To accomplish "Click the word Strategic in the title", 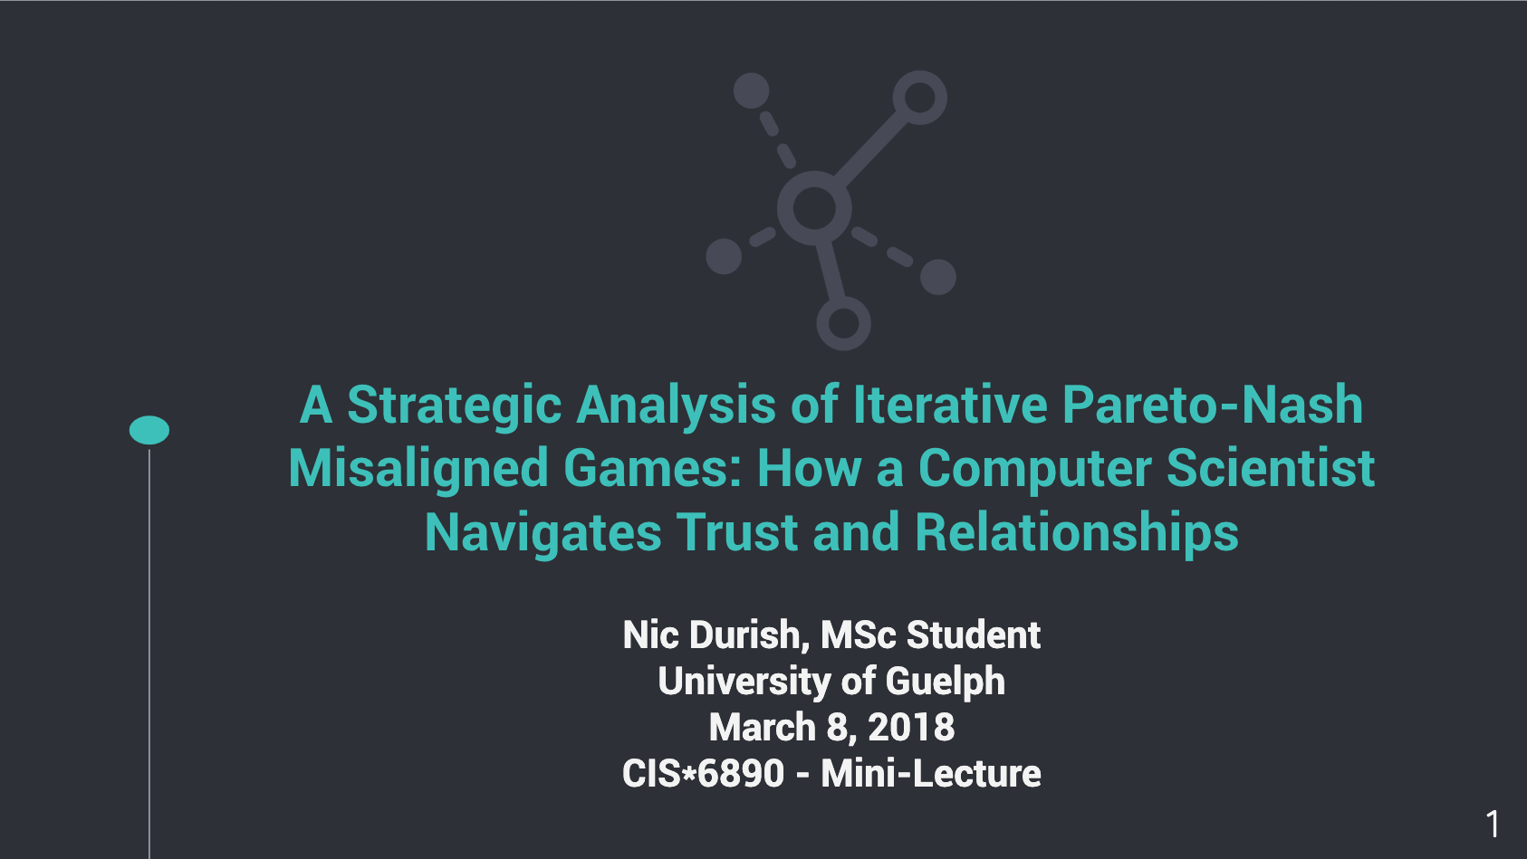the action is pyautogui.click(x=455, y=406).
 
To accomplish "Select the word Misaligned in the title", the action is pyautogui.click(x=418, y=470).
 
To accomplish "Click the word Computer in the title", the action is pyautogui.click(x=1035, y=470).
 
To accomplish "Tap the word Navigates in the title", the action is pyautogui.click(x=543, y=533).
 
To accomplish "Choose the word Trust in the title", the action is pyautogui.click(x=737, y=532).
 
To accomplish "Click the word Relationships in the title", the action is pyautogui.click(x=1076, y=533).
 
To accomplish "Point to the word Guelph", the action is pyautogui.click(x=945, y=682).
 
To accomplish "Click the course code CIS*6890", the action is pyautogui.click(x=703, y=773).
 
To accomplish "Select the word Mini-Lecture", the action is pyautogui.click(x=930, y=773).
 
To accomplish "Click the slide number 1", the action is pyautogui.click(x=1493, y=825).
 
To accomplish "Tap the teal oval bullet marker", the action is pyautogui.click(x=149, y=430).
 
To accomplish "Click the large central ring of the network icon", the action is pyautogui.click(x=814, y=177).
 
